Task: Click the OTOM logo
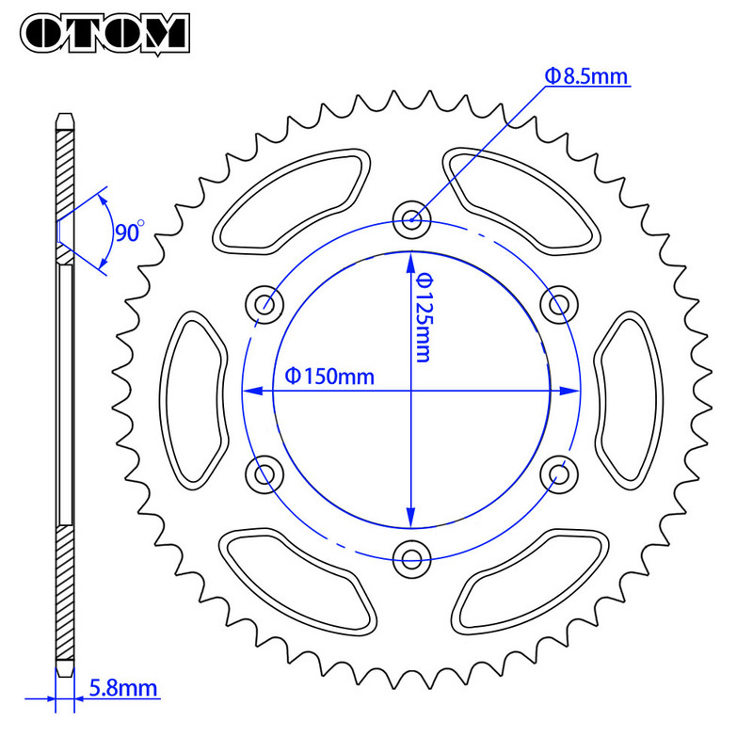104,32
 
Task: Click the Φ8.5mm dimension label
585,76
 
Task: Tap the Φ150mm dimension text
328,376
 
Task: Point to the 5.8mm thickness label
122,688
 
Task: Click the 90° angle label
129,231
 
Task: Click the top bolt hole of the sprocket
411,220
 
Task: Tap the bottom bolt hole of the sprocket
411,560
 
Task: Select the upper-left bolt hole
264,304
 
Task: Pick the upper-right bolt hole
560,304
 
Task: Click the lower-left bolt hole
264,473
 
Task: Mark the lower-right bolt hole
560,473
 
